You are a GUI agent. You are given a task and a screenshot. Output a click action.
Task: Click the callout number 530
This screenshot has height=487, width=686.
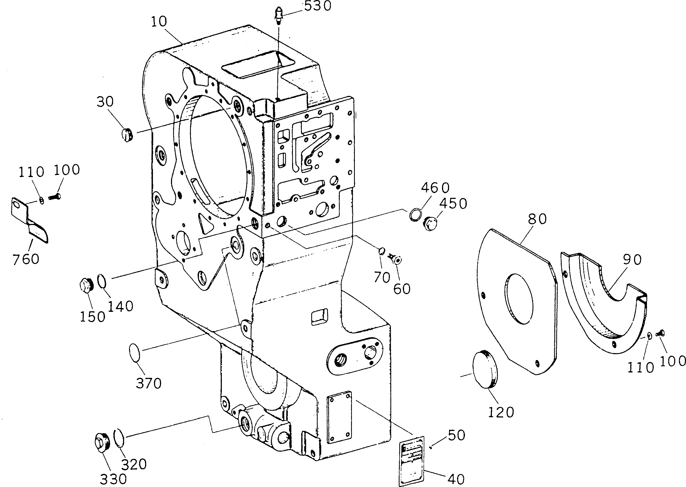[317, 6]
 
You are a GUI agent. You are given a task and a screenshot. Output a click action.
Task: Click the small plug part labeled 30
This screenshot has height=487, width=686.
[127, 135]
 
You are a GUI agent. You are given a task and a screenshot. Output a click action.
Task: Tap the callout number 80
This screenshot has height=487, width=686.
[537, 219]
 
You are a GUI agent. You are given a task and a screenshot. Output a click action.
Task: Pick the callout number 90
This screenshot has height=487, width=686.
[632, 260]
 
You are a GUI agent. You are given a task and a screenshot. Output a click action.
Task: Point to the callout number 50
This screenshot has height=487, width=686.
[457, 435]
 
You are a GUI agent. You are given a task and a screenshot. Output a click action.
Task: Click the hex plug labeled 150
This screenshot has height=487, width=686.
[87, 285]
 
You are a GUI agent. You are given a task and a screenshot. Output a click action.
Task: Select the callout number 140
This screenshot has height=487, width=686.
[120, 306]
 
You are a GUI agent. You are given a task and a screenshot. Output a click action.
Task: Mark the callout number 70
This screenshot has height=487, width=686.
[382, 278]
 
